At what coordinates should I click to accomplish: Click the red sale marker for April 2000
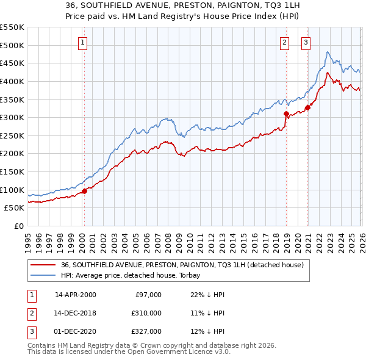84,190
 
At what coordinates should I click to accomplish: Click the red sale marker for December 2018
285,113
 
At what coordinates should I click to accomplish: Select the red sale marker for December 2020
307,107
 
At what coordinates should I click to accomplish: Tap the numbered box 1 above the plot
82,42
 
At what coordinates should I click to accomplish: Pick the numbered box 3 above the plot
306,42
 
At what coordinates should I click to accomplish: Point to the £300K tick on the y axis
12,117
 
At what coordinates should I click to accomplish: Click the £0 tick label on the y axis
18,226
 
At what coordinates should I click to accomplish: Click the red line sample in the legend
43,265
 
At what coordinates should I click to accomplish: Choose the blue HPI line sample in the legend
43,275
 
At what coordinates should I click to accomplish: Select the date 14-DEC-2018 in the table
76,313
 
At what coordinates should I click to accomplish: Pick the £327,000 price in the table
147,331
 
